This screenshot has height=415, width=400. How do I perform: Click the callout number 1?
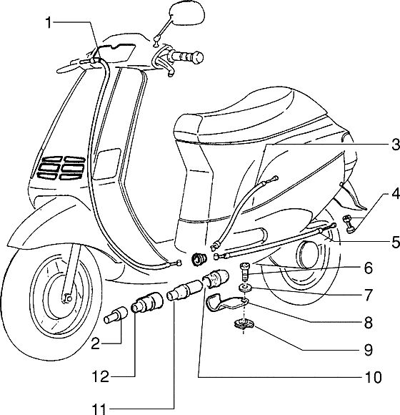(x=49, y=23)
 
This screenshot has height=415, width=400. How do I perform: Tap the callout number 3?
(x=395, y=145)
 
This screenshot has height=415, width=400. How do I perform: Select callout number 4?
(x=395, y=194)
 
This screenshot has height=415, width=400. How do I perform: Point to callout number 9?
(x=369, y=350)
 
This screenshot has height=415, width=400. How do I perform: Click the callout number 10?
(x=373, y=377)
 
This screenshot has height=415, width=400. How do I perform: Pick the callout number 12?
(x=101, y=376)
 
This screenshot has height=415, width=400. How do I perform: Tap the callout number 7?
(x=369, y=295)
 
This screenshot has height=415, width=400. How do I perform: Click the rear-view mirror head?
(x=187, y=14)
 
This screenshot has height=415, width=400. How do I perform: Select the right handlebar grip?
(x=186, y=57)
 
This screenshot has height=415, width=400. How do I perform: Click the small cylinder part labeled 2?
(x=116, y=315)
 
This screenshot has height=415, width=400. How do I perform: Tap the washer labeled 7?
(x=246, y=288)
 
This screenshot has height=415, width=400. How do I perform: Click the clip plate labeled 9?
(x=244, y=323)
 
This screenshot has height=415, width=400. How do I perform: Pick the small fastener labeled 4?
(x=349, y=225)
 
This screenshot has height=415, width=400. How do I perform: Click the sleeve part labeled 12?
(x=147, y=302)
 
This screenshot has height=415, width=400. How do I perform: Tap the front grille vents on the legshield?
(x=64, y=167)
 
